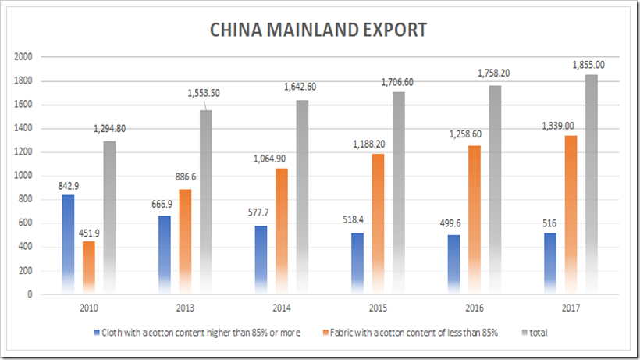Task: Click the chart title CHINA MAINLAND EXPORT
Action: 318,30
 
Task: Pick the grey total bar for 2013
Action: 204,202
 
